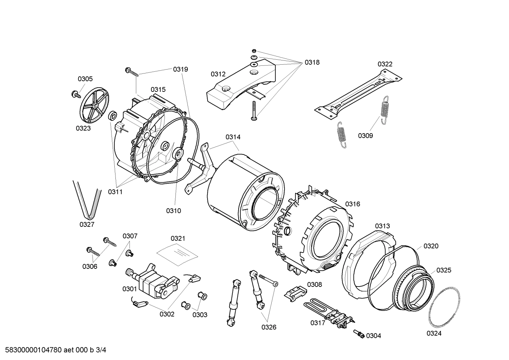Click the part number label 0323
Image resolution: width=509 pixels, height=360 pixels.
[x=83, y=128]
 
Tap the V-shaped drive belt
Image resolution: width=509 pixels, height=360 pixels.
[x=87, y=200]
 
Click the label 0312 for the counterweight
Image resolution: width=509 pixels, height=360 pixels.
[x=218, y=74]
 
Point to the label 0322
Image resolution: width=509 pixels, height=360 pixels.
[x=385, y=64]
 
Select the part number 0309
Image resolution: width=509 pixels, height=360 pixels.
[x=365, y=136]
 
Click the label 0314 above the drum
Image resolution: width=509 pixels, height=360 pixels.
[x=233, y=137]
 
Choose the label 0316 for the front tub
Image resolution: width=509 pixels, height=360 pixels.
[x=353, y=204]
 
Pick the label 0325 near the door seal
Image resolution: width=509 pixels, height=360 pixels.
[x=444, y=270]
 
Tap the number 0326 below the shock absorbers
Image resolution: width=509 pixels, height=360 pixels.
[x=269, y=327]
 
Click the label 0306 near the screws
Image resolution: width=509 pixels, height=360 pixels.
[x=90, y=266]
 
